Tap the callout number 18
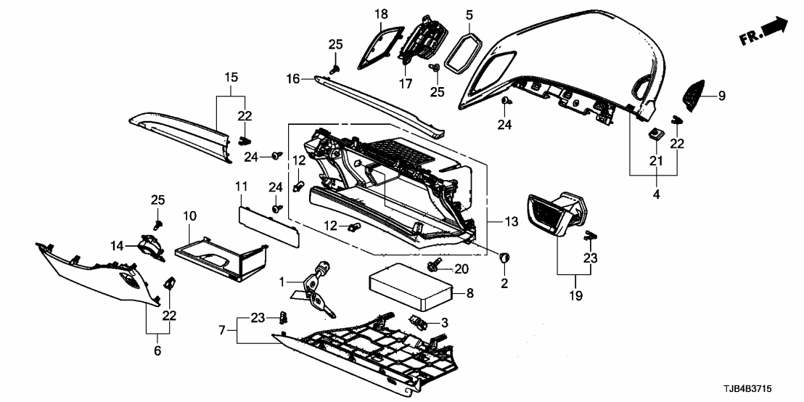(x=381, y=15)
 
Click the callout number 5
(x=469, y=15)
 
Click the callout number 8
(x=469, y=294)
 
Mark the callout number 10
(x=189, y=216)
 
